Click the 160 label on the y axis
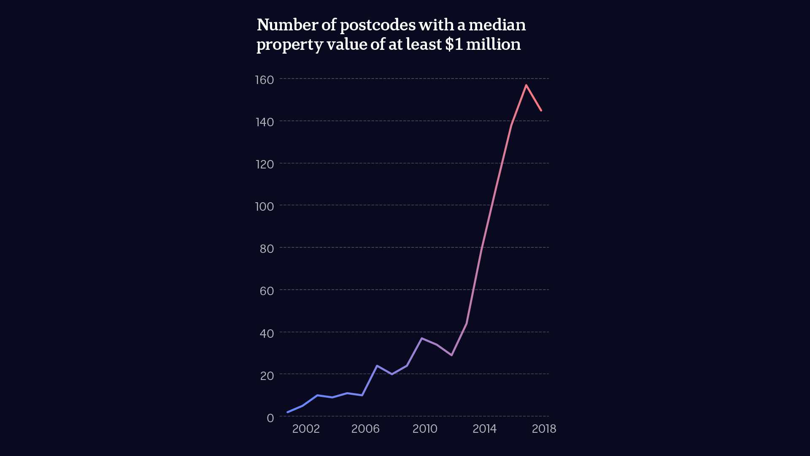pos(265,80)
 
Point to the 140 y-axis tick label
pos(265,122)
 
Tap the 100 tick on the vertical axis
pos(265,206)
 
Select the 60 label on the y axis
pos(267,291)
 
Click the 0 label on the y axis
pos(270,418)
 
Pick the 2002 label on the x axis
pos(306,429)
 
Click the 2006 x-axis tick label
pos(365,429)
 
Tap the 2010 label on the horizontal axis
pos(425,429)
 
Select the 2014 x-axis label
pos(484,429)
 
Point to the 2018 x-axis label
pos(544,429)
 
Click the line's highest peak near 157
pos(526,85)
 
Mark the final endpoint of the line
pos(541,111)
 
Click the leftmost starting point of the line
pos(288,412)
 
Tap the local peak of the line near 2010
pos(421,338)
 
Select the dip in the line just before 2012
pos(451,355)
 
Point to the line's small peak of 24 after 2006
pos(377,366)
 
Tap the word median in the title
pos(497,25)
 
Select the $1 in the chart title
pos(454,44)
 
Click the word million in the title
pos(493,44)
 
